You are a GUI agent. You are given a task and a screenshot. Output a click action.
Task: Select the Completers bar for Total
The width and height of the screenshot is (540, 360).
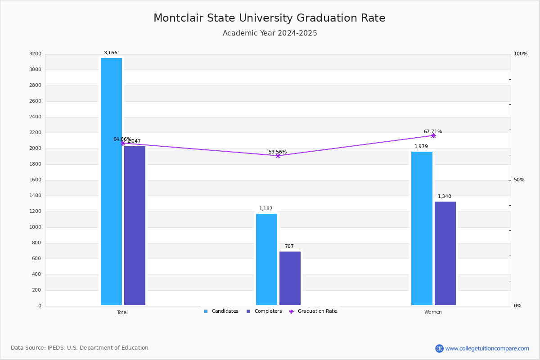tap(135, 225)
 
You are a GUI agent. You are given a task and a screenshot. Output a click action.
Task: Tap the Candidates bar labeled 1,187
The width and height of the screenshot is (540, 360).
tap(266, 259)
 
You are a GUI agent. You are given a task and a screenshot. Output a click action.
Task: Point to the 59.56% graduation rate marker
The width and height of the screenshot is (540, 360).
tap(278, 156)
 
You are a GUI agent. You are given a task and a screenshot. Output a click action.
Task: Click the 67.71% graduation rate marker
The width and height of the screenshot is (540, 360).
tap(433, 135)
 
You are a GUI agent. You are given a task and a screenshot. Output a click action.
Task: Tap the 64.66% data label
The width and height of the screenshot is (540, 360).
tap(122, 139)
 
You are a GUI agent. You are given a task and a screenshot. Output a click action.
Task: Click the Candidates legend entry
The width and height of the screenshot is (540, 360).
tap(221, 311)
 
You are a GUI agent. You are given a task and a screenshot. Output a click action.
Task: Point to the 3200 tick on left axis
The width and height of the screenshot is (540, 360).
tap(35, 54)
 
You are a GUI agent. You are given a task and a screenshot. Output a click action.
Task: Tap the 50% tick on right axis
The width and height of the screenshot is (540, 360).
tap(519, 180)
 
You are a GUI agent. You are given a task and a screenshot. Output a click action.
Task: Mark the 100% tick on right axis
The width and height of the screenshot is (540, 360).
tap(520, 54)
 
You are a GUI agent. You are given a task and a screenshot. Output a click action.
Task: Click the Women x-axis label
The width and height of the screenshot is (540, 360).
tap(433, 312)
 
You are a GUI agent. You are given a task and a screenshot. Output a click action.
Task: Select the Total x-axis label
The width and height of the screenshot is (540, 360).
tap(122, 312)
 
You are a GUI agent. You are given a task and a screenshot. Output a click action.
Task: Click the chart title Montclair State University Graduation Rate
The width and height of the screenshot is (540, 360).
tap(269, 18)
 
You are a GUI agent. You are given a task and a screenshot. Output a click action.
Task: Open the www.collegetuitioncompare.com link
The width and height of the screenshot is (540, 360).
tap(487, 348)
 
